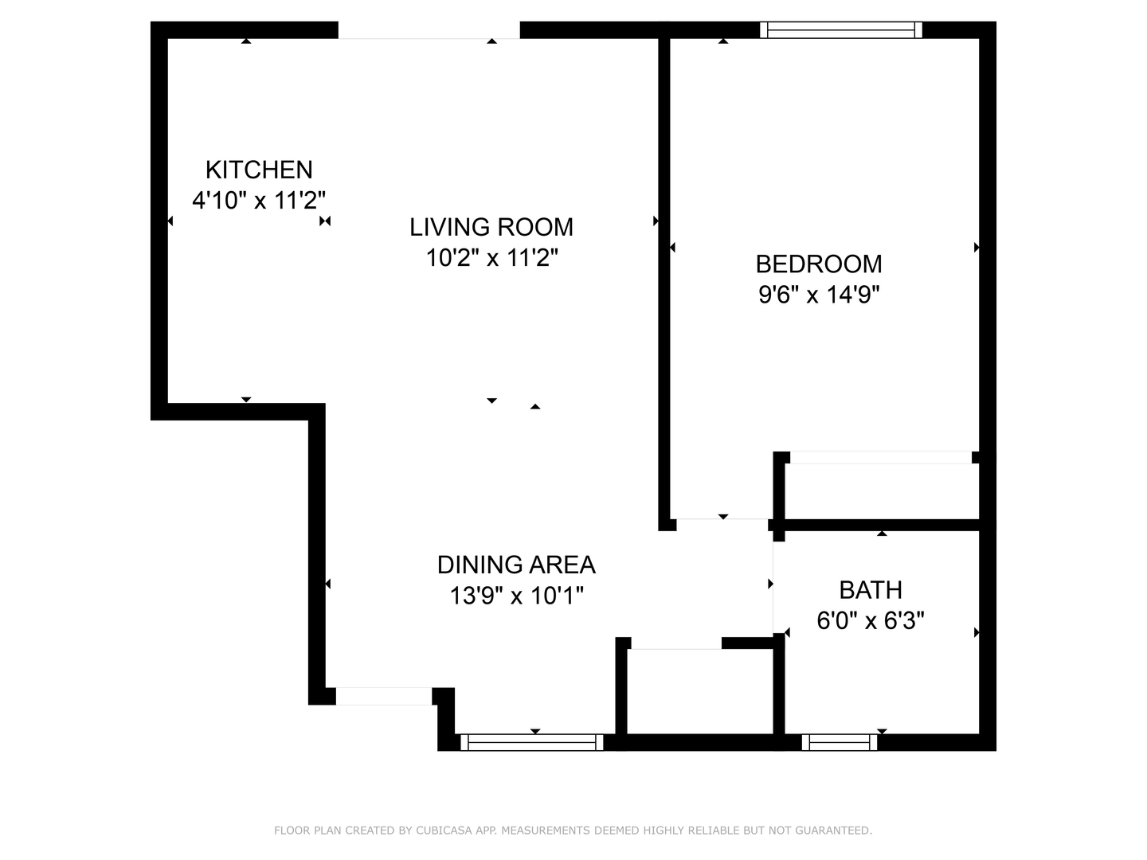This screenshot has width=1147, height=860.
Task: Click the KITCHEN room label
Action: pyautogui.click(x=259, y=170)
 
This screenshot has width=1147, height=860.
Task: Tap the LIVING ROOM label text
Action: pyautogui.click(x=491, y=227)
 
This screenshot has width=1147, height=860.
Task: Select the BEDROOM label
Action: pyautogui.click(x=819, y=264)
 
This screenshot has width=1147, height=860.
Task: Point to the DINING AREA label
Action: pyautogui.click(x=516, y=565)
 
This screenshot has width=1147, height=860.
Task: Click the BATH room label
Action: pyautogui.click(x=871, y=590)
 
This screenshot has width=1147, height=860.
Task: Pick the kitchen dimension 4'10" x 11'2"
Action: pyautogui.click(x=259, y=200)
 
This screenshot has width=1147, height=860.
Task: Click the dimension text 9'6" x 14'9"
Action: pyautogui.click(x=819, y=295)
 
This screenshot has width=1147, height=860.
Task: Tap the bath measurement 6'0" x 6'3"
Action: pyautogui.click(x=871, y=620)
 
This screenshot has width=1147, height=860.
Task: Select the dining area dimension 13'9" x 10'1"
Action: pyautogui.click(x=516, y=596)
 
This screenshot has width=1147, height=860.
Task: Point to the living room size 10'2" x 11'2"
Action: pyautogui.click(x=491, y=258)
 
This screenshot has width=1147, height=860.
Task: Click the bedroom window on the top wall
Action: pyautogui.click(x=840, y=30)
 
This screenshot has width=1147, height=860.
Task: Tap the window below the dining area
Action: pyautogui.click(x=532, y=742)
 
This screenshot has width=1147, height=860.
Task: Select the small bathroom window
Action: pyautogui.click(x=840, y=742)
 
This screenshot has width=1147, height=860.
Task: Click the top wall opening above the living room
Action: pyautogui.click(x=429, y=31)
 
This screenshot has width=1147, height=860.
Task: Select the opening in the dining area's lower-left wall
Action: pyautogui.click(x=383, y=696)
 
